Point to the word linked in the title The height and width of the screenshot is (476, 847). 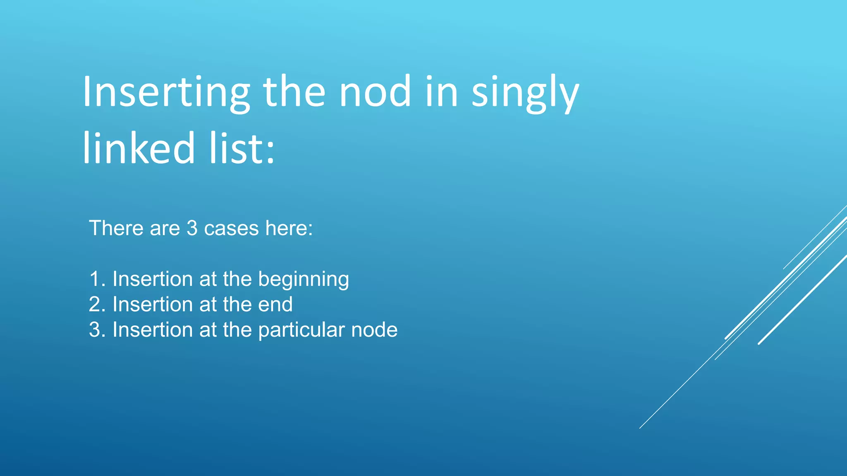pyautogui.click(x=139, y=148)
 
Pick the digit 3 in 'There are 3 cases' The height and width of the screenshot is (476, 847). pyautogui.click(x=192, y=228)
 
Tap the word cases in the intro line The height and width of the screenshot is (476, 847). pyautogui.click(x=231, y=228)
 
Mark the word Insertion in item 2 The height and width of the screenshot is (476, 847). pyautogui.click(x=153, y=305)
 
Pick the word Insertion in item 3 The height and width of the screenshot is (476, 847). pyautogui.click(x=153, y=330)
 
